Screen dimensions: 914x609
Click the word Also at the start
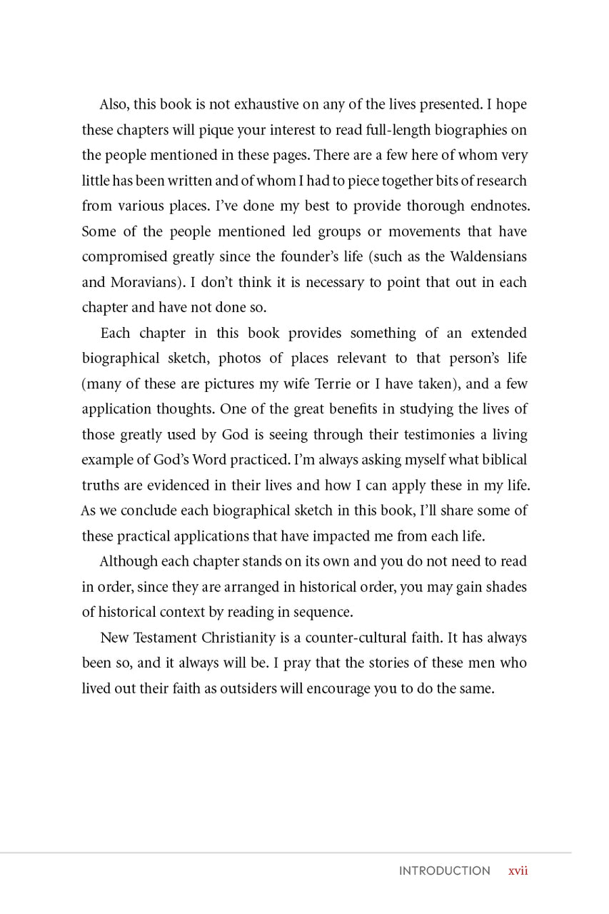tap(114, 104)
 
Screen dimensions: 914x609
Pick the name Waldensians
tap(488, 256)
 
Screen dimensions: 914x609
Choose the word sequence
tap(327, 612)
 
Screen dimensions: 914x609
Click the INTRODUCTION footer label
tap(444, 870)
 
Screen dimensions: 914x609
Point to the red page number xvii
tap(518, 870)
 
